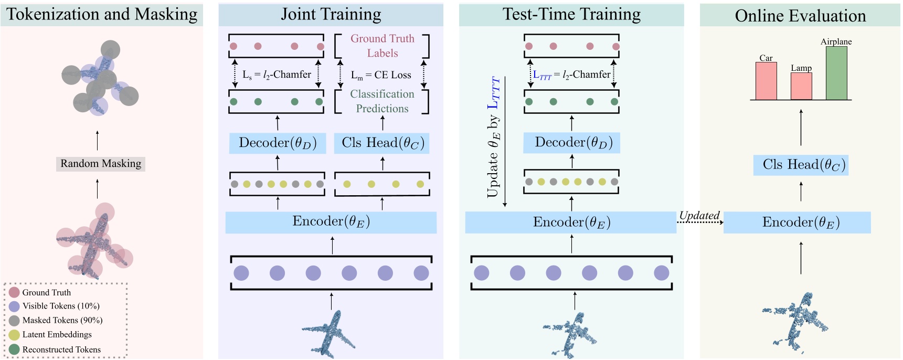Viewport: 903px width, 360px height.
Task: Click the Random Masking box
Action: click(x=101, y=164)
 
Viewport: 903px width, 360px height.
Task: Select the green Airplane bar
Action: click(x=836, y=73)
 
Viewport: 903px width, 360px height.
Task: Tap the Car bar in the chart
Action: click(x=766, y=81)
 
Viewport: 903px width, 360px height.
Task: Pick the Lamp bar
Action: click(x=801, y=86)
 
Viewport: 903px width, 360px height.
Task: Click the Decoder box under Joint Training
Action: click(x=278, y=143)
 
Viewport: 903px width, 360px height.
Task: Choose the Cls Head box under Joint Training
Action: click(x=382, y=143)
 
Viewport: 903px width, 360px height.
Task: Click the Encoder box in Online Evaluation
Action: click(x=797, y=223)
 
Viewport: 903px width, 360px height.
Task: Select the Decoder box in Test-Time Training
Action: click(x=571, y=143)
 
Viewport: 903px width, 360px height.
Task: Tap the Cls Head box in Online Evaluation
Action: click(x=801, y=165)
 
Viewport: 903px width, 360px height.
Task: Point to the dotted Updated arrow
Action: click(x=700, y=223)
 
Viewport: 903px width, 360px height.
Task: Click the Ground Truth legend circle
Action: click(x=14, y=292)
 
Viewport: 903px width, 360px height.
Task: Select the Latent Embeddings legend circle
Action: click(x=14, y=335)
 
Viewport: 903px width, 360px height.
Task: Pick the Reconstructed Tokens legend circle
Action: click(x=14, y=350)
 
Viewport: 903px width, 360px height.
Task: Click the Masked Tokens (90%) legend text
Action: click(x=62, y=320)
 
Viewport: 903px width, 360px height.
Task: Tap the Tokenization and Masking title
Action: click(x=102, y=14)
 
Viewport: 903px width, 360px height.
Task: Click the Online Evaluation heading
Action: click(x=800, y=16)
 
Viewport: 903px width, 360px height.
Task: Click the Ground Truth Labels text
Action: click(x=383, y=46)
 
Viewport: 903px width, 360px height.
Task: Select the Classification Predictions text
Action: click(x=382, y=101)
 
